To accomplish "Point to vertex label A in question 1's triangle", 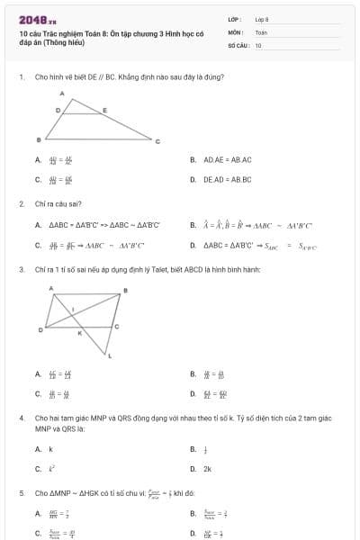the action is coord(62,94).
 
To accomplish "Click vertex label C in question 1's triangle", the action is coord(157,141).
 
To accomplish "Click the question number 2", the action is coord(21,203).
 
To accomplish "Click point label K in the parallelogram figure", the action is coord(78,334).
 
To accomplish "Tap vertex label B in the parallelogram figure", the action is coord(125,290).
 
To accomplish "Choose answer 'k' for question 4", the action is coord(50,448).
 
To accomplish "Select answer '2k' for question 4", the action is coord(207,468).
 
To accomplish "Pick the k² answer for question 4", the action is coord(51,468).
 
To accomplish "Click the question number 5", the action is coord(21,492).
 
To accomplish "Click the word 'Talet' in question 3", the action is coord(163,269).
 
